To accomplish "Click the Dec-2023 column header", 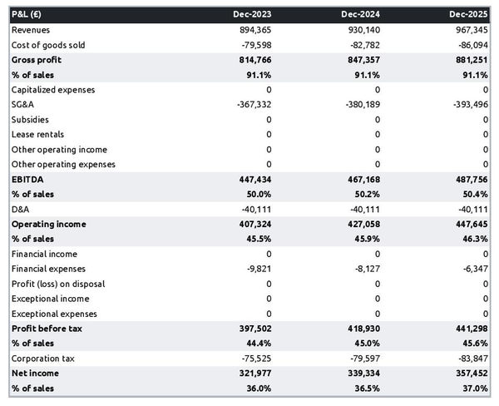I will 252,15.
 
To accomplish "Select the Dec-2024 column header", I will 361,15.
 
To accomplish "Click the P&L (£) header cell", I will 29,15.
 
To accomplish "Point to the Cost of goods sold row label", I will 48,45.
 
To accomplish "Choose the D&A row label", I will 20,209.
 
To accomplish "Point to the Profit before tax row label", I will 47,329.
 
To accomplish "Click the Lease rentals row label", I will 37,135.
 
